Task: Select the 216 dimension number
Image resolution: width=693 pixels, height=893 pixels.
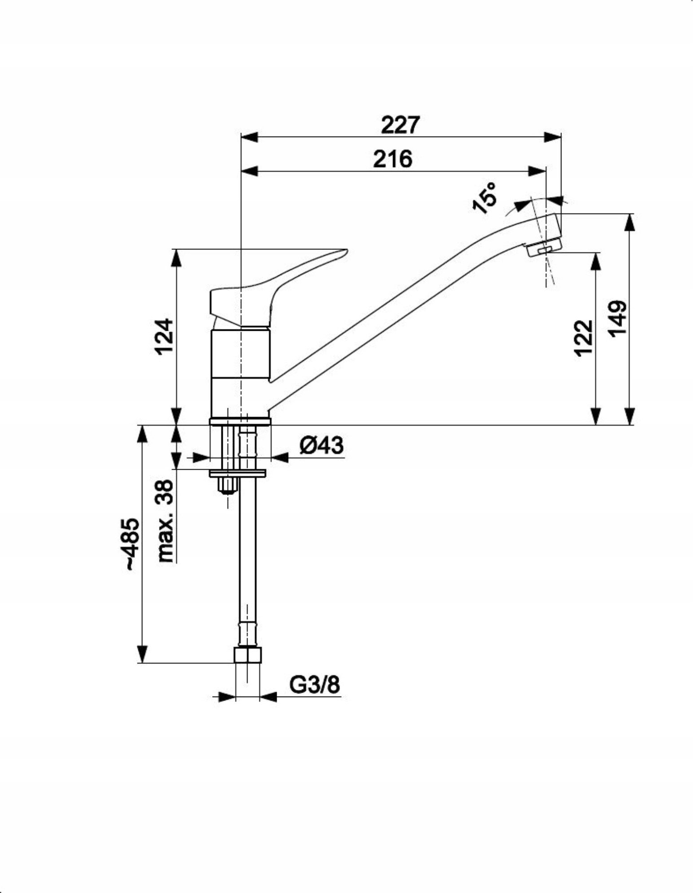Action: pyautogui.click(x=392, y=159)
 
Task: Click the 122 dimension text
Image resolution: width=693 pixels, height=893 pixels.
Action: pyautogui.click(x=584, y=338)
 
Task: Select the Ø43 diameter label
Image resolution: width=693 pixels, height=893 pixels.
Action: pyautogui.click(x=321, y=445)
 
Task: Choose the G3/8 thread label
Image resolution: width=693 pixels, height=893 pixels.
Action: pyautogui.click(x=315, y=685)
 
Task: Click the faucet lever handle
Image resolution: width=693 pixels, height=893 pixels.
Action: pyautogui.click(x=278, y=288)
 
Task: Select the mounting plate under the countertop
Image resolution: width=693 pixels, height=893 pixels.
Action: pyautogui.click(x=238, y=474)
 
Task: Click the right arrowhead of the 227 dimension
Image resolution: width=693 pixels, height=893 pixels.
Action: pyautogui.click(x=553, y=138)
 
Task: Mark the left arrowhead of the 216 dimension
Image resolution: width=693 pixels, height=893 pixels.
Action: pyautogui.click(x=250, y=171)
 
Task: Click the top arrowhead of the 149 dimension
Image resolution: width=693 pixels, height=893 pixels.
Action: pyautogui.click(x=631, y=222)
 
